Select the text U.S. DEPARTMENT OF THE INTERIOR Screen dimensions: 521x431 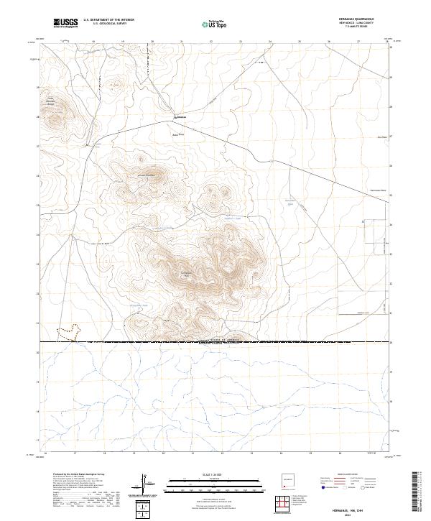point(108,20)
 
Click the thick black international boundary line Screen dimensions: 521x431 point(215,342)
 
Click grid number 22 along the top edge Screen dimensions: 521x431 point(210,42)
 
